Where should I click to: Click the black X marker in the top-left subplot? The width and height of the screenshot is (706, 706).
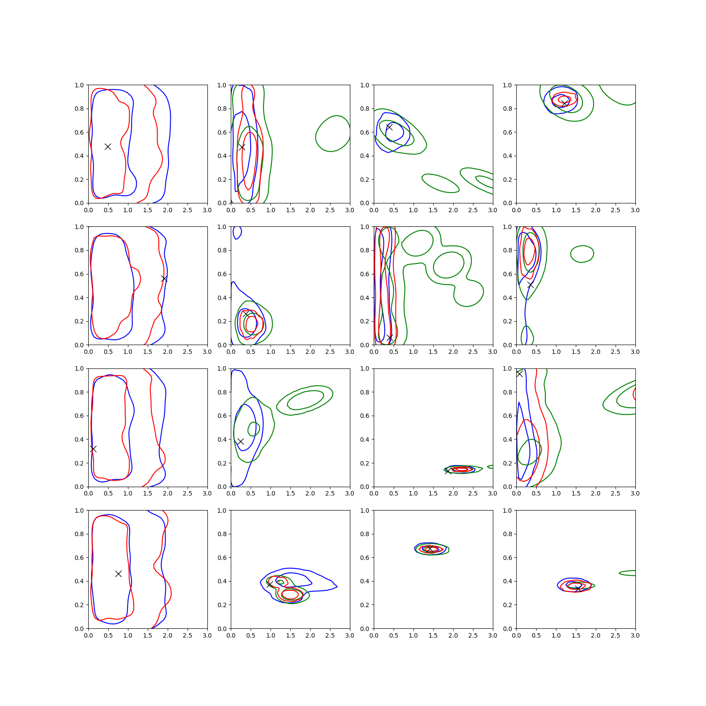pyautogui.click(x=108, y=146)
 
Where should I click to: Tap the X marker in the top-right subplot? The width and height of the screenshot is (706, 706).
pyautogui.click(x=564, y=103)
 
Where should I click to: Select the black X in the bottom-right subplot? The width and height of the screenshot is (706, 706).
pyautogui.click(x=578, y=588)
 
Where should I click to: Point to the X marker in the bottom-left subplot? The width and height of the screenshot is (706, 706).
pyautogui.click(x=118, y=574)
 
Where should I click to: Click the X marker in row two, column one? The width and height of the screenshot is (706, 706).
pyautogui.click(x=164, y=278)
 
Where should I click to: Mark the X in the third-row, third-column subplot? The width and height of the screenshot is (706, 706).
pyautogui.click(x=448, y=471)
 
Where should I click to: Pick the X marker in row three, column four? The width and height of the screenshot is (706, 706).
pyautogui.click(x=519, y=374)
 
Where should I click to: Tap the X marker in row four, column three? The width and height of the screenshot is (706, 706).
pyautogui.click(x=429, y=548)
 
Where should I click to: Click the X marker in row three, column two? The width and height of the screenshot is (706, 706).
pyautogui.click(x=240, y=441)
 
